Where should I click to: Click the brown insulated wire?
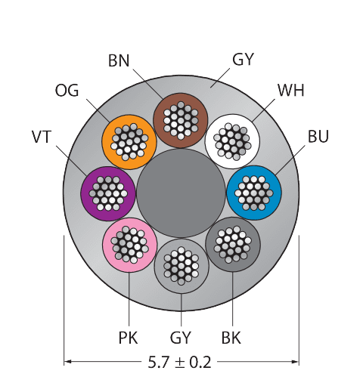[181, 120]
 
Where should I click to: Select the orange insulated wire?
[129, 142]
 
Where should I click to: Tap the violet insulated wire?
[108, 193]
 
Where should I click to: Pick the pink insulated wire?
[129, 245]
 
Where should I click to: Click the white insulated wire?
[232, 141]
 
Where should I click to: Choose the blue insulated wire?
[254, 193]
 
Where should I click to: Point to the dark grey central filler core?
[181, 193]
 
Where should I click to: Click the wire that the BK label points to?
[233, 244]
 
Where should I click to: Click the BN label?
[119, 61]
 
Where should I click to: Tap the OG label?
[67, 91]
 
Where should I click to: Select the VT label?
[42, 137]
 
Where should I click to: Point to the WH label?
[291, 90]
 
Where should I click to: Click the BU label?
[318, 137]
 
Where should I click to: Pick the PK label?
[128, 338]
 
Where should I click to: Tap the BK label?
[231, 338]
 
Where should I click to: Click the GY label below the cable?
[181, 338]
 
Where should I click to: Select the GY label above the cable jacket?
[243, 60]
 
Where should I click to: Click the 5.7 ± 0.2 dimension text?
[179, 362]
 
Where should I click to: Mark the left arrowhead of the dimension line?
[67, 362]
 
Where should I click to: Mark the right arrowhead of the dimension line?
[295, 362]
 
